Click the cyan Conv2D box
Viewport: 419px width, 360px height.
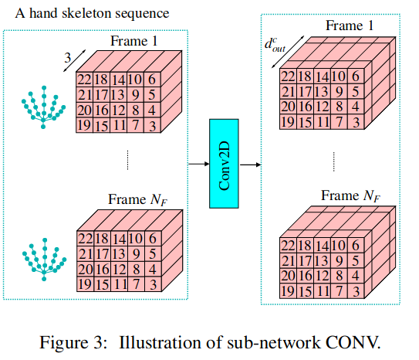tap(224, 164)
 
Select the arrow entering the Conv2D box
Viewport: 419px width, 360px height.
tap(199, 164)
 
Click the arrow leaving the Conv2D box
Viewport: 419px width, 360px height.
tap(250, 165)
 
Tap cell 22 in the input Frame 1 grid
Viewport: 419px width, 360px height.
tap(84, 80)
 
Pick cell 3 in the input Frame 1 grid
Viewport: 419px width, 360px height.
tap(152, 125)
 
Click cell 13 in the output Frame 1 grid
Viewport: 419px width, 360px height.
tap(323, 91)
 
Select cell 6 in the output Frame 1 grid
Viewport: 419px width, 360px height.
tap(356, 76)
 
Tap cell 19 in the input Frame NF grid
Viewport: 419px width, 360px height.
tap(85, 284)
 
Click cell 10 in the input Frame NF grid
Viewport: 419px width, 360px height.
tap(137, 238)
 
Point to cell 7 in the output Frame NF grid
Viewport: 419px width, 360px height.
tap(339, 290)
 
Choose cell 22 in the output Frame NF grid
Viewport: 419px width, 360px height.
tap(289, 245)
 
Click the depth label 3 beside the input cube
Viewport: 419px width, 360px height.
tap(68, 58)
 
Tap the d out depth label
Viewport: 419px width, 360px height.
tap(275, 46)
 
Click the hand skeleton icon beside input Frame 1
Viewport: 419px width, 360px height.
tap(43, 107)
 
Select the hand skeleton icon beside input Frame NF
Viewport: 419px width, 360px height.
tap(44, 260)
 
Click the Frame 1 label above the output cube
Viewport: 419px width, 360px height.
tap(350, 25)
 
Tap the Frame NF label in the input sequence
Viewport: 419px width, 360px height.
tap(137, 200)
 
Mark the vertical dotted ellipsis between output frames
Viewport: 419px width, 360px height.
tap(334, 161)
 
